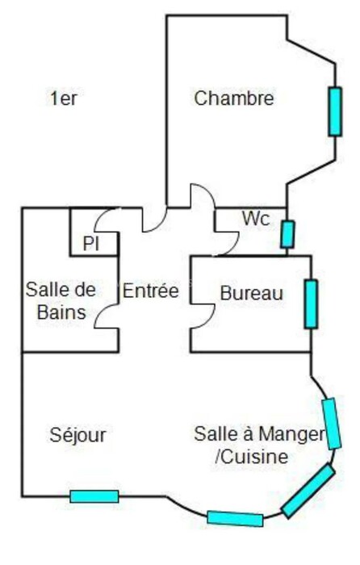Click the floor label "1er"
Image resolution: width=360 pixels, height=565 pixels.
(x=64, y=98)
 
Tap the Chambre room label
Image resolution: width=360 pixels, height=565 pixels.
(x=234, y=98)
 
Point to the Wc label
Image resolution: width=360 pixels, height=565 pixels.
(x=256, y=219)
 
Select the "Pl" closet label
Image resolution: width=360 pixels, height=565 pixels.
(x=91, y=244)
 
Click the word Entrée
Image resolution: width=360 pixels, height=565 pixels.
(x=151, y=291)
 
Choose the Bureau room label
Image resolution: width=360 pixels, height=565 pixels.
(x=252, y=293)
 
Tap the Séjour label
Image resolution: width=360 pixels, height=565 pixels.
(x=77, y=435)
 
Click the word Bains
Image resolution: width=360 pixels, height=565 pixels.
(x=61, y=312)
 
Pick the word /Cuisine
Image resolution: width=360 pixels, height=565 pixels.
(x=251, y=457)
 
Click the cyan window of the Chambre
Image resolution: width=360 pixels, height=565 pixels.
(x=335, y=111)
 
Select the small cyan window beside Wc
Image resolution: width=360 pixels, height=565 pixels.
(x=287, y=234)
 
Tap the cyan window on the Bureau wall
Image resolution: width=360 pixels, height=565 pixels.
(x=311, y=304)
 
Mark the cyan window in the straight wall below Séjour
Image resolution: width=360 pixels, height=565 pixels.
(x=94, y=496)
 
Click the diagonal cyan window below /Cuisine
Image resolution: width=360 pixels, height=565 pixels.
(x=308, y=491)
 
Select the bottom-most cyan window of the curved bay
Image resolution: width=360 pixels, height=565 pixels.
(x=235, y=518)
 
